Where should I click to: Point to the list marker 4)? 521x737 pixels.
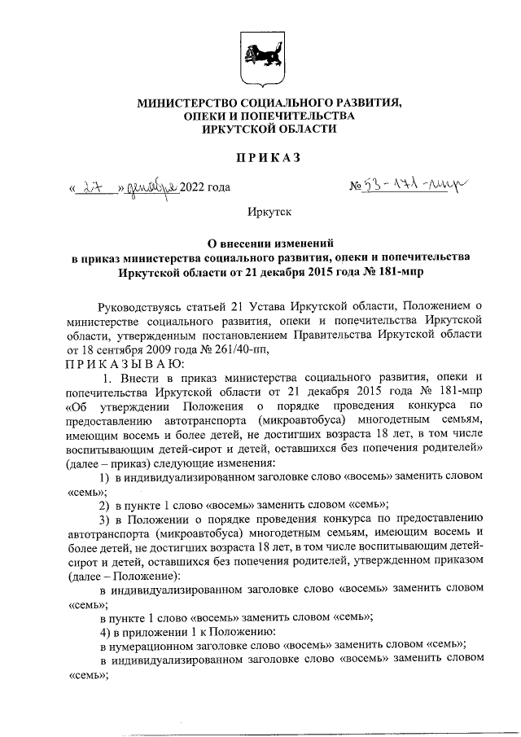pos(104,632)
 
